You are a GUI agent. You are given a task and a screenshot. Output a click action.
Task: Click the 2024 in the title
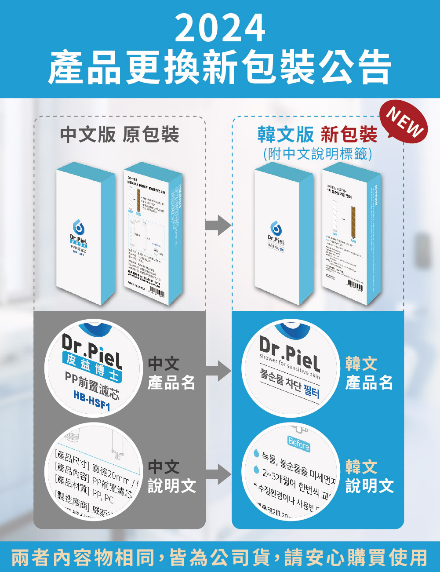coord(220,28)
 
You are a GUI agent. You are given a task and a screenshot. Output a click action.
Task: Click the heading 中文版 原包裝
coord(120,134)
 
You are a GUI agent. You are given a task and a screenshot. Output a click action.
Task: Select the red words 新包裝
coord(349,134)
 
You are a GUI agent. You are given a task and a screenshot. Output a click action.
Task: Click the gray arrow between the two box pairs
coord(218,226)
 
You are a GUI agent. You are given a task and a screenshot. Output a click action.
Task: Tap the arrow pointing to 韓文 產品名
coord(218,372)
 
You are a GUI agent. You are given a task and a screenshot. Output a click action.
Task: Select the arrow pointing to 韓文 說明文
coord(218,475)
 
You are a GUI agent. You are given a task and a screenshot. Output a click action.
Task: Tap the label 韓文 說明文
coord(369,476)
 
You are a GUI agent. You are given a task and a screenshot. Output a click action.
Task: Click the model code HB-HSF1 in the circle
coord(91,401)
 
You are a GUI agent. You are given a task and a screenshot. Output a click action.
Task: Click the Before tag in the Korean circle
coord(298,444)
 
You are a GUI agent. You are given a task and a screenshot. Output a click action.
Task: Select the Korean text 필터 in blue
coord(311,390)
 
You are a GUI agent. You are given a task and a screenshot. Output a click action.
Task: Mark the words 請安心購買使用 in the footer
coord(356,557)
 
